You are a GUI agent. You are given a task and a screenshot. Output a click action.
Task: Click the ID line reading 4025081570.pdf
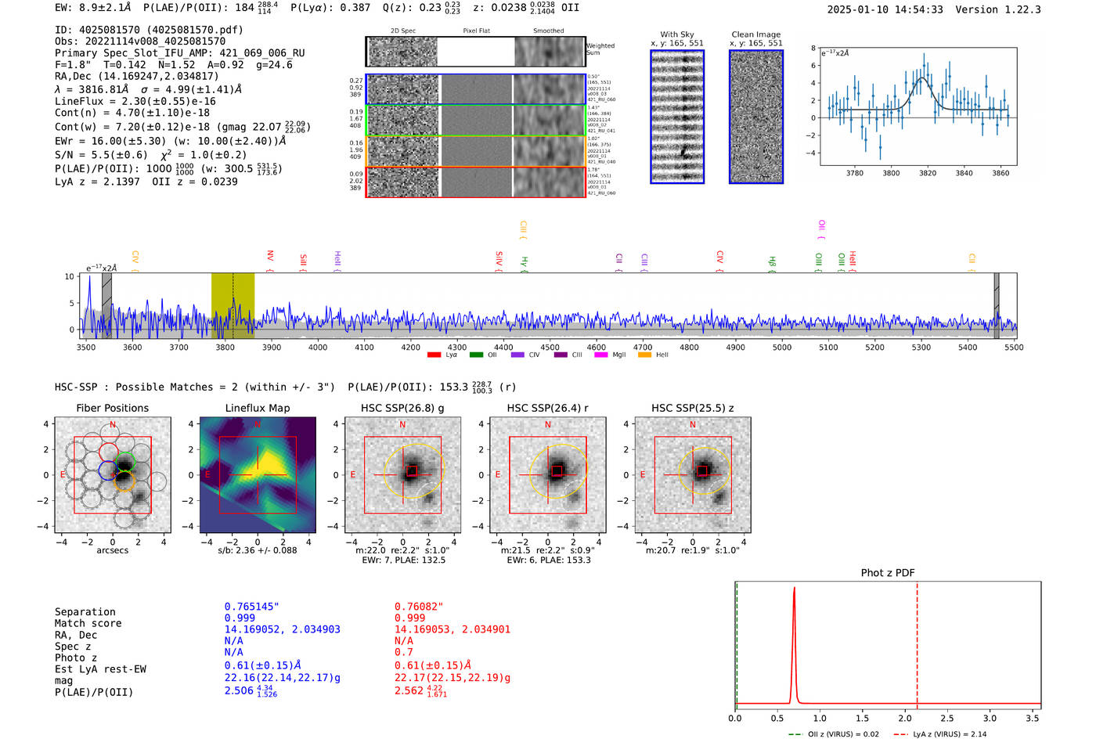click(x=149, y=30)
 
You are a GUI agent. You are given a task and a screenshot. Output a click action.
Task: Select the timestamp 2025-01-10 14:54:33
click(x=885, y=9)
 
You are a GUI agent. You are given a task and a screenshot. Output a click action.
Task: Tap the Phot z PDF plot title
click(x=887, y=573)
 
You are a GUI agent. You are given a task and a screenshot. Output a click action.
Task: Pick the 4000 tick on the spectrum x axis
click(x=317, y=348)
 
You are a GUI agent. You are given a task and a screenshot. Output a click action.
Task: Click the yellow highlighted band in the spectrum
click(x=233, y=305)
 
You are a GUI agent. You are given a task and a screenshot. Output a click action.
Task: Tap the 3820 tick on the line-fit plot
click(x=928, y=173)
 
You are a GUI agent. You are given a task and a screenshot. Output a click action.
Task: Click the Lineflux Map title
click(x=257, y=408)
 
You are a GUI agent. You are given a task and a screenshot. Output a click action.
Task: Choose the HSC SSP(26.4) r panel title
click(x=547, y=408)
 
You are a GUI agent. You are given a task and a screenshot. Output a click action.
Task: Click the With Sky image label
click(x=676, y=34)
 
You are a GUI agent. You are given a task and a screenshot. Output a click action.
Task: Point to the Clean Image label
click(x=755, y=34)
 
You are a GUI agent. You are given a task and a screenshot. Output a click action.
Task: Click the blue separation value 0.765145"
click(x=251, y=607)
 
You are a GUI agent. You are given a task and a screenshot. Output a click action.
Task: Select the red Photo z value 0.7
click(x=403, y=652)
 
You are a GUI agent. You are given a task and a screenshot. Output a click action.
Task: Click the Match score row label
click(x=88, y=624)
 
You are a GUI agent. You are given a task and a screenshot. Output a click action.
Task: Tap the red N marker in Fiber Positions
click(x=113, y=425)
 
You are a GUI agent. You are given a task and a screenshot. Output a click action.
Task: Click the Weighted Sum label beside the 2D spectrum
click(x=600, y=49)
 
